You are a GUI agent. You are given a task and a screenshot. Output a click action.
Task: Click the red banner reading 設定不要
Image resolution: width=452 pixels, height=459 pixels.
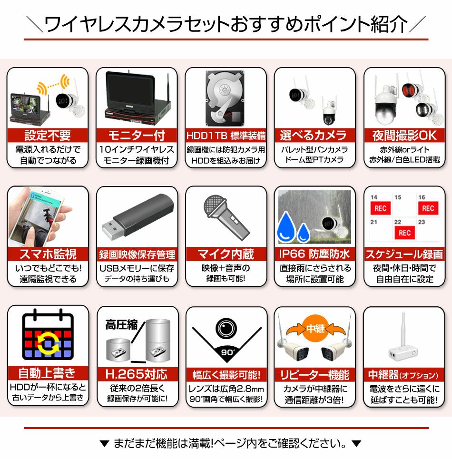(x=48, y=135)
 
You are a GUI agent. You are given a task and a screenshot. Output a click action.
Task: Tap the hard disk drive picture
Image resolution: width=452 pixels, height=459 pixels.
(x=226, y=98)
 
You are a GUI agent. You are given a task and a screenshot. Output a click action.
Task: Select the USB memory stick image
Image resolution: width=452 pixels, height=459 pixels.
(x=138, y=216)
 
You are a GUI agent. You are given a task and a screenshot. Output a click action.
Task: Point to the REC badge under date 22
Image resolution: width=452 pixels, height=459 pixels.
(x=404, y=233)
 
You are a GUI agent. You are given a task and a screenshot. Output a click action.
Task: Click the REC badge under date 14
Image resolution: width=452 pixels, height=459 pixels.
(x=380, y=208)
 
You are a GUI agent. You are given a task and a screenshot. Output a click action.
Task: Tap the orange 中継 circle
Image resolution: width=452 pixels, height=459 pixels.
(x=315, y=329)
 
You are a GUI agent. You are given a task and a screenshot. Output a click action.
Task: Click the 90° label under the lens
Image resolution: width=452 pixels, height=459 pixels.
(x=227, y=352)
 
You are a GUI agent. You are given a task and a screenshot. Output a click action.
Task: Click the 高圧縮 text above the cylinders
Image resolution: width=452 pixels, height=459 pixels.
(x=121, y=325)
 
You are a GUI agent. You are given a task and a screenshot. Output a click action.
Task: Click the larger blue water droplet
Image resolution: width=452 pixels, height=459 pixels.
(x=286, y=227)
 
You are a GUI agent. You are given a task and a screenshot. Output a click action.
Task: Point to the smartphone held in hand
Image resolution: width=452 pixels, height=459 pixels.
(x=35, y=216)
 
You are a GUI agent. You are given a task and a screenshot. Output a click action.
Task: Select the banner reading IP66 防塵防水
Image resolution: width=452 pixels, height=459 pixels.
(x=314, y=254)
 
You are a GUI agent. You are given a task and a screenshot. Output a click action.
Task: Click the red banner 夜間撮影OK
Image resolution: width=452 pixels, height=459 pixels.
(x=404, y=135)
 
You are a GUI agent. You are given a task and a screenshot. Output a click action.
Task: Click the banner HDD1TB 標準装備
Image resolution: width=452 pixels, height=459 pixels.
(x=226, y=136)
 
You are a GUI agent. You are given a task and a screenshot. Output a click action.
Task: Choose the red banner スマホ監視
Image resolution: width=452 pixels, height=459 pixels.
(x=48, y=254)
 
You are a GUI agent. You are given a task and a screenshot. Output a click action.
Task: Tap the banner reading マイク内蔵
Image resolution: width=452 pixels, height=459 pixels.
(x=226, y=254)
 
